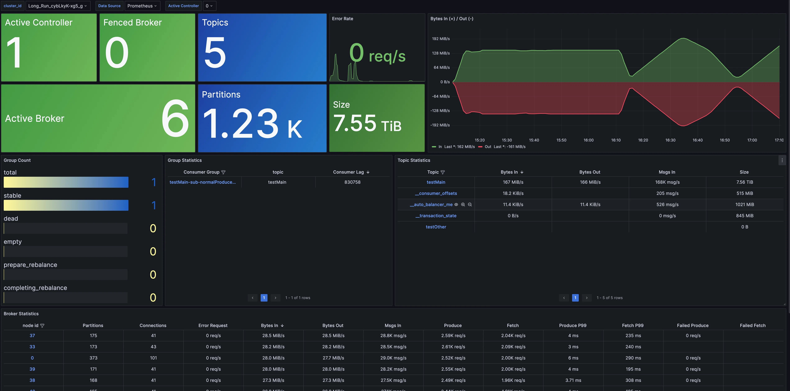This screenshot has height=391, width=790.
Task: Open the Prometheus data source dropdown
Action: coord(142,6)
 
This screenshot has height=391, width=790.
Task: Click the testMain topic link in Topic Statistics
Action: coord(436,182)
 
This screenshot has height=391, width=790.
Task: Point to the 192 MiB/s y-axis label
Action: coord(441,39)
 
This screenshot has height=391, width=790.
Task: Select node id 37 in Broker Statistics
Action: coord(32,336)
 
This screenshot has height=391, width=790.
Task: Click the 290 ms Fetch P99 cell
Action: coord(633,358)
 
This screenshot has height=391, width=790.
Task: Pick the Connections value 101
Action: coord(153,358)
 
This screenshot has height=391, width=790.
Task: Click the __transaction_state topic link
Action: coord(436,216)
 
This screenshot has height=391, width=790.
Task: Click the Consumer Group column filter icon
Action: coord(223,172)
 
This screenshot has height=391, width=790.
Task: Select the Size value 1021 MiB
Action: coord(744,205)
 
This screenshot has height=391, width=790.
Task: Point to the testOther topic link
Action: coord(436,227)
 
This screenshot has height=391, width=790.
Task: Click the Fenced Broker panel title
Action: coord(132,22)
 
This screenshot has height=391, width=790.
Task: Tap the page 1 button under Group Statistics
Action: coord(264,298)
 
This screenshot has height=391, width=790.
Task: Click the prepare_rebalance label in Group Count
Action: coord(30,265)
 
